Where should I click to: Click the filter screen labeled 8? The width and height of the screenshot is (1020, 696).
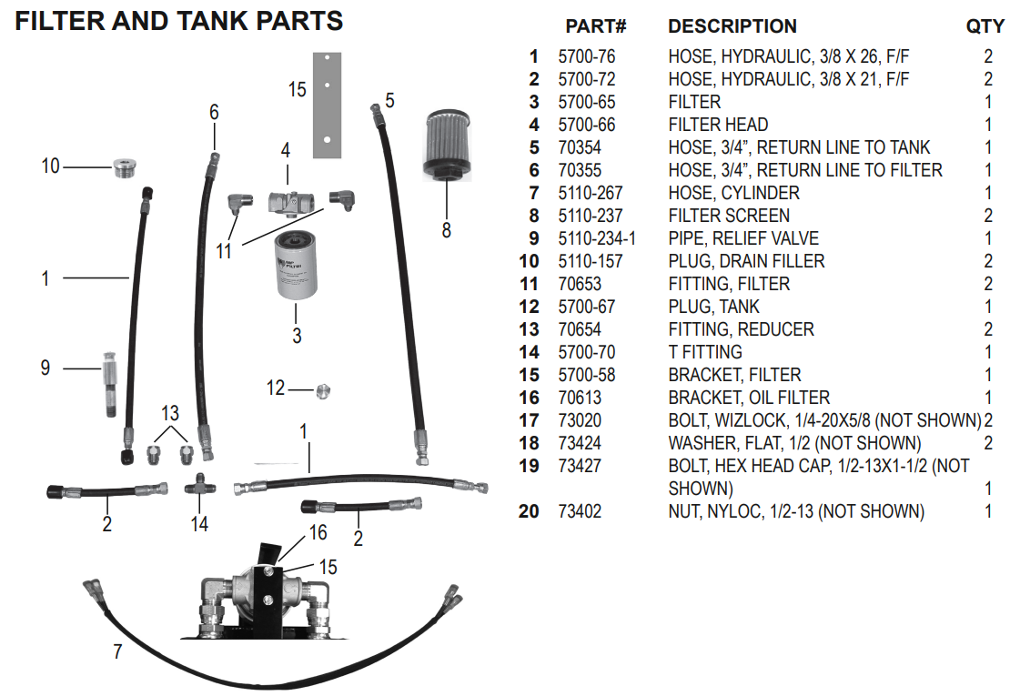pos(445,145)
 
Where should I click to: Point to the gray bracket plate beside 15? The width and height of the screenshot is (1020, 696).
pos(325,104)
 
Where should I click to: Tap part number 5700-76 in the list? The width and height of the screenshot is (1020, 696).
pos(586,56)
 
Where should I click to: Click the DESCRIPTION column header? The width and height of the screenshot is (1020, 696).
pos(732,27)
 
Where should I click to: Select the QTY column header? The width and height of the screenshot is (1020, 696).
pos(985,27)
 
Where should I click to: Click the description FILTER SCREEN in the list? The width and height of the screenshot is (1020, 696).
pos(729,216)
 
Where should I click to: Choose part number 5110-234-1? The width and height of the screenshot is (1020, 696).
pos(597,238)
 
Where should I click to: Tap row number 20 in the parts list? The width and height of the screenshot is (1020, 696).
pos(529,511)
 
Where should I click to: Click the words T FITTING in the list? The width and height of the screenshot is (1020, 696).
pos(705,352)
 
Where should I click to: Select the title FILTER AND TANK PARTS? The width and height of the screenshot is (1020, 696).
pos(179,20)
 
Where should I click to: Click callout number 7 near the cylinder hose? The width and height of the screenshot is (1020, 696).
pos(116,652)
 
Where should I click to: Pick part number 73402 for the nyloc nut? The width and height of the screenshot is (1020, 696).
pos(580,511)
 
